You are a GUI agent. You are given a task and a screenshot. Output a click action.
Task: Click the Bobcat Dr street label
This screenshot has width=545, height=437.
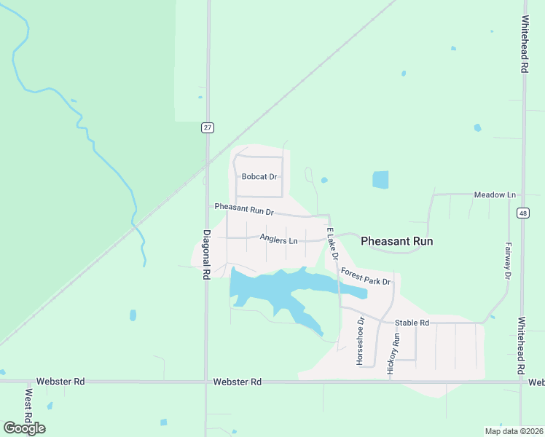coord(259,177)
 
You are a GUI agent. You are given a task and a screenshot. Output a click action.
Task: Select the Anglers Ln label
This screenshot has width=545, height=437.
coord(278,240)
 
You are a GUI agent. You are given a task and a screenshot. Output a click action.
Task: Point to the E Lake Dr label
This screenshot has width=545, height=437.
coord(332,245)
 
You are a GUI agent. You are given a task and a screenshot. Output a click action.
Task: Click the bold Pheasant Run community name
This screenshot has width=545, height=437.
coord(397,241)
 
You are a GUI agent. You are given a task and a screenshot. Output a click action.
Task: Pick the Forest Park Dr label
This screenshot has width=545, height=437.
coord(366,277)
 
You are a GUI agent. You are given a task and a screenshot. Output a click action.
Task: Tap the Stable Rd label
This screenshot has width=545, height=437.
coord(412,322)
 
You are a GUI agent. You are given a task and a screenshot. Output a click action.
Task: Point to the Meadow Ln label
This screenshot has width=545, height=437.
coord(495,195)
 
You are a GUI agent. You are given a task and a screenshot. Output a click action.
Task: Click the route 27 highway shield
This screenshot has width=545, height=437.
coord(208,127)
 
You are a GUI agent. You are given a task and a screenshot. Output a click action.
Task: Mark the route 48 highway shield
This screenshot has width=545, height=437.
coord(524,213)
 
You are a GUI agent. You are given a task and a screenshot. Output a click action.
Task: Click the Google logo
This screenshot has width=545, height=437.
coord(24,428)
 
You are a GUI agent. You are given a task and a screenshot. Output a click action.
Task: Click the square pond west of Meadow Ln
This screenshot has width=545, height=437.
coord(380,180)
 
